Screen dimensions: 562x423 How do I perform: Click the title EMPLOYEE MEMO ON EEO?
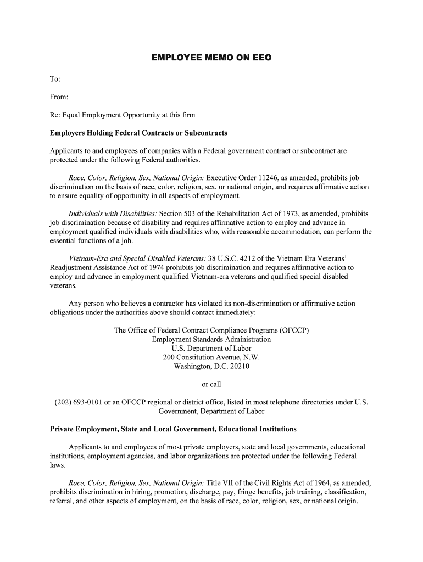[211, 57]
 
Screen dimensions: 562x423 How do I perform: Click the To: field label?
[55, 80]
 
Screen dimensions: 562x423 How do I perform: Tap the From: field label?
[59, 97]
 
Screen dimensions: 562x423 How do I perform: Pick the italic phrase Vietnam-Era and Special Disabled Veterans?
[137, 258]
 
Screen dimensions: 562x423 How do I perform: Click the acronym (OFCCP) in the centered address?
[294, 330]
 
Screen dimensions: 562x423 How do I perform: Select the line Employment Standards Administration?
[211, 339]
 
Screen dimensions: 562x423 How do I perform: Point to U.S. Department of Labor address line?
[211, 349]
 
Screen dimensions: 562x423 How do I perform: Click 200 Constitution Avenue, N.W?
[211, 357]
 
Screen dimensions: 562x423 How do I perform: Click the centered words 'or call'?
[211, 384]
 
